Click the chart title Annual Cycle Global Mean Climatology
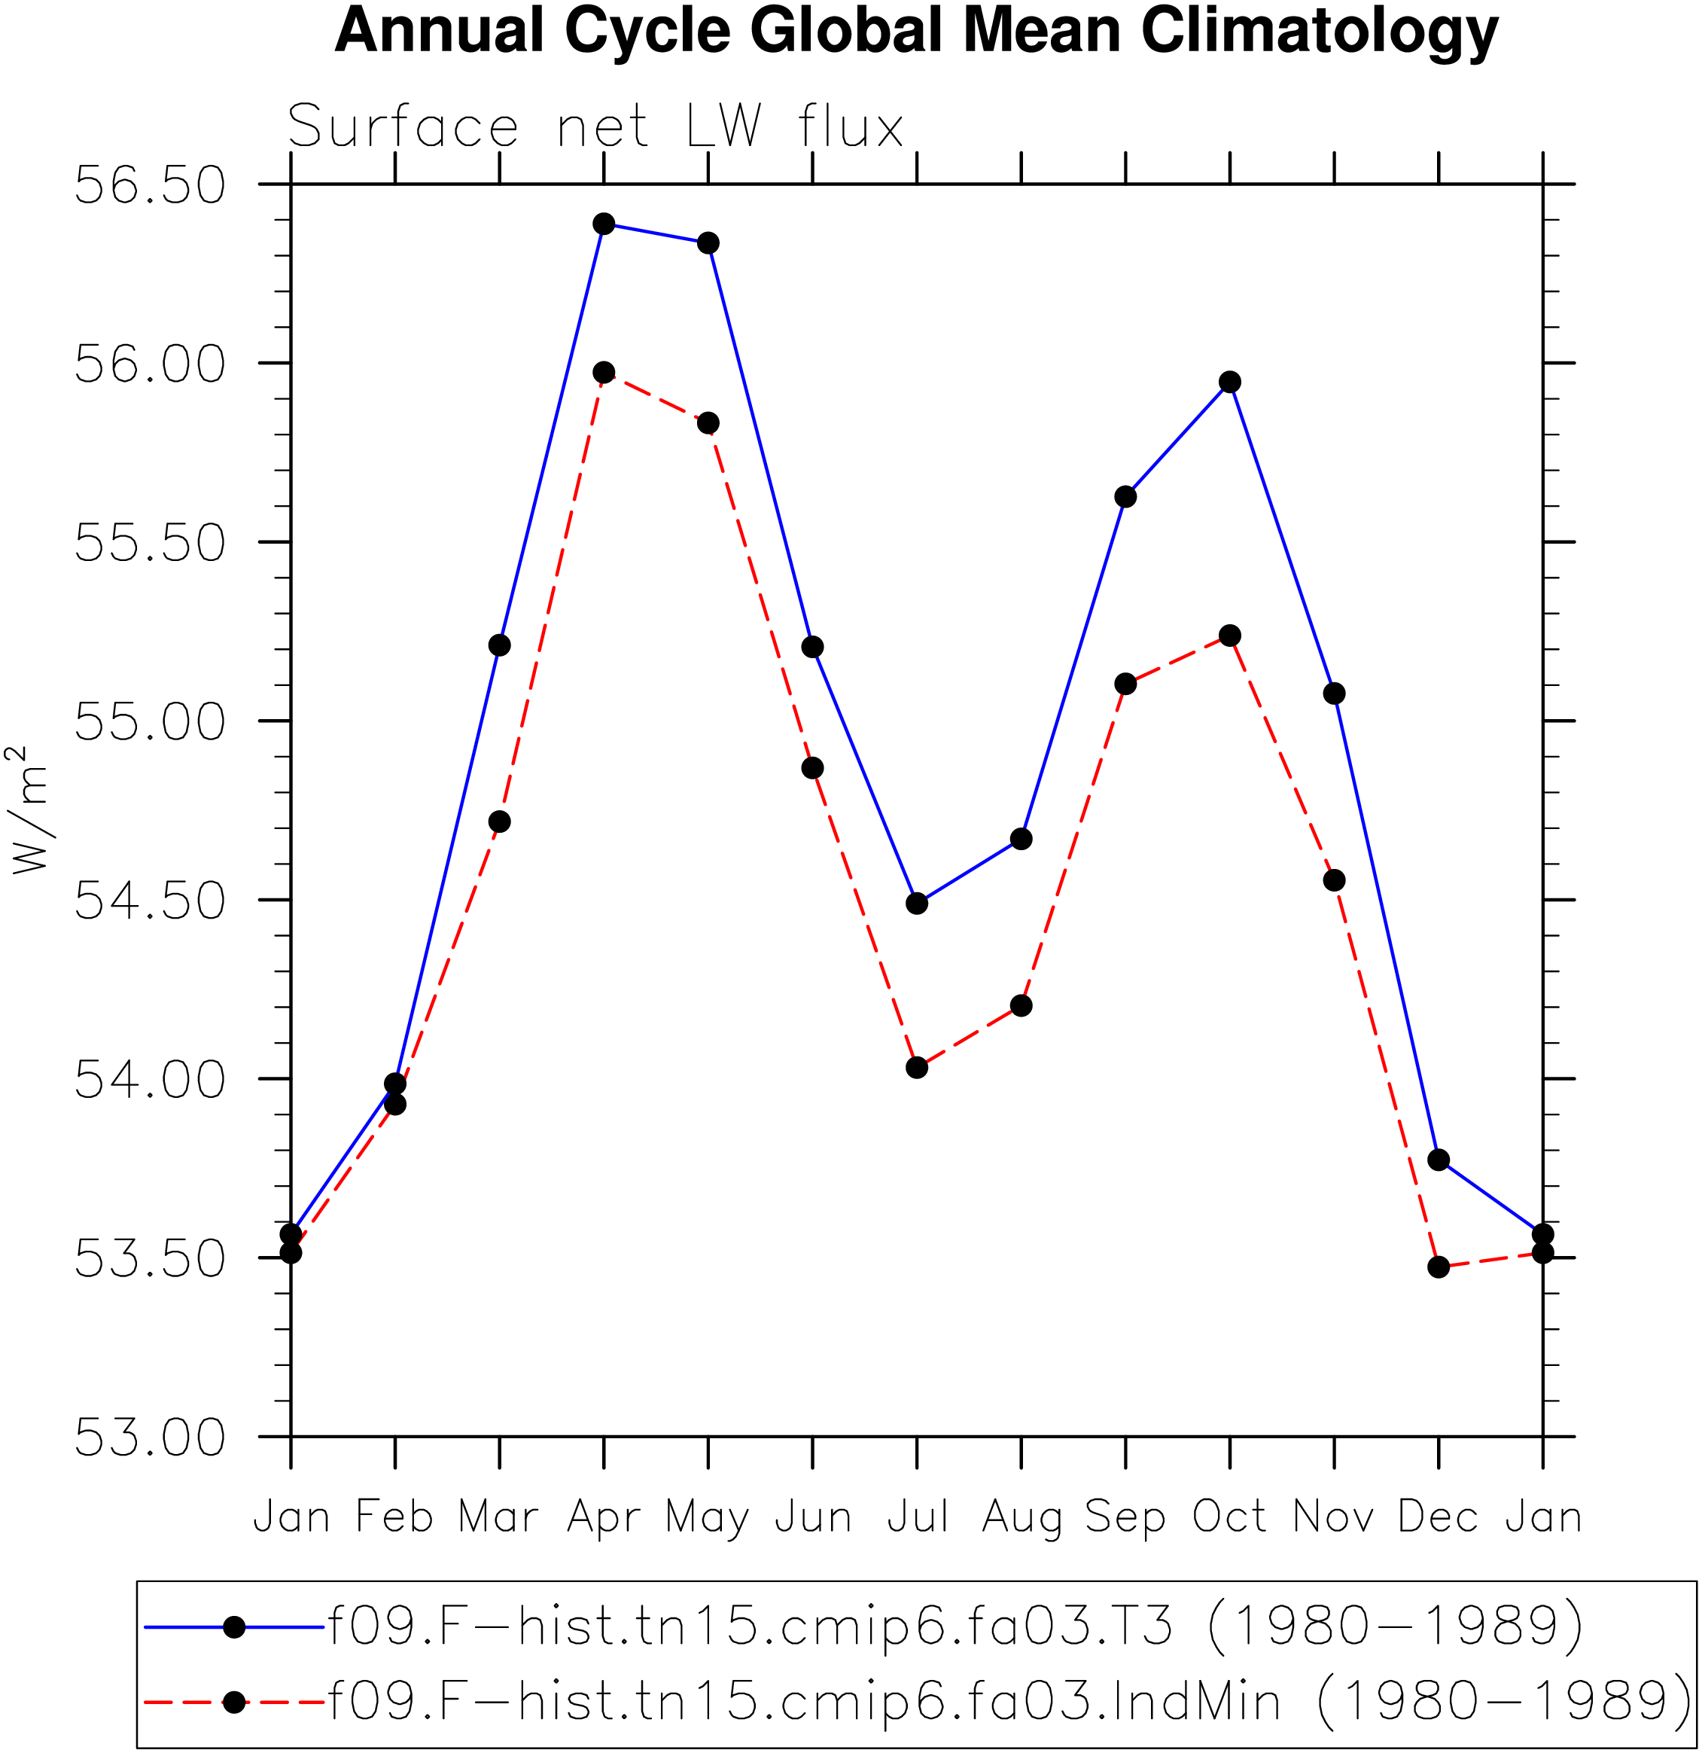pos(916,32)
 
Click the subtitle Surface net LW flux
pos(595,126)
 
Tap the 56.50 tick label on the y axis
pos(149,185)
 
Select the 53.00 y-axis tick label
pos(149,1437)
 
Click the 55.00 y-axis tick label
pos(149,722)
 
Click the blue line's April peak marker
pos(604,224)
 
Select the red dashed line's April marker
pos(604,373)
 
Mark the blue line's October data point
pos(1230,382)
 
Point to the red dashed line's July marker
pos(917,1068)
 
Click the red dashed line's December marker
pos(1439,1267)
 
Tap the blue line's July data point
pos(917,904)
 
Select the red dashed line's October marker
pos(1230,636)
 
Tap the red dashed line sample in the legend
pos(234,1702)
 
